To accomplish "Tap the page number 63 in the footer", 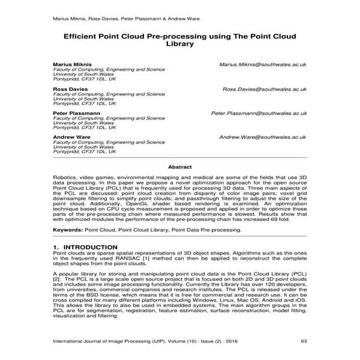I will [x=304, y=340].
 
